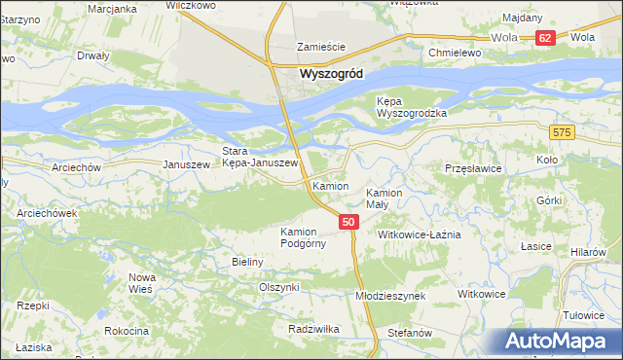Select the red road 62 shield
coord(544,38)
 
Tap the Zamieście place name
coord(321,46)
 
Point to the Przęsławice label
coord(472,167)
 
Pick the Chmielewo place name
coord(457,52)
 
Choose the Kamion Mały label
coord(383,198)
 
